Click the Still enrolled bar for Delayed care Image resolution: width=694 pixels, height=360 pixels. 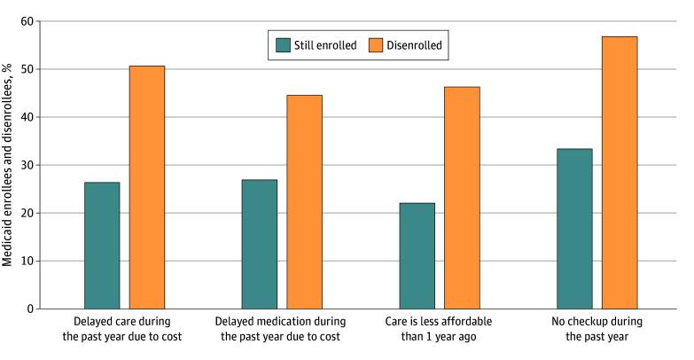(x=102, y=246)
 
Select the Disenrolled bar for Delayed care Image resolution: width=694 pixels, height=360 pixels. (x=147, y=187)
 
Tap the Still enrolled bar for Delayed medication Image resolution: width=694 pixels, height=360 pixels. (x=259, y=244)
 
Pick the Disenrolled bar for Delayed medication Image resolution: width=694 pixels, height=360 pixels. (x=304, y=201)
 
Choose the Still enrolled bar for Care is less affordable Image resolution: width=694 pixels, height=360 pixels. (x=417, y=255)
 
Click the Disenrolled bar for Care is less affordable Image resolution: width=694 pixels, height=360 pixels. (x=462, y=198)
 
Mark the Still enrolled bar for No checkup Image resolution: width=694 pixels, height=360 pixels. (x=574, y=229)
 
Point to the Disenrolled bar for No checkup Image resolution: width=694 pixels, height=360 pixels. (x=620, y=173)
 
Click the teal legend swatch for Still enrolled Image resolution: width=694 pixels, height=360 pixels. (x=283, y=42)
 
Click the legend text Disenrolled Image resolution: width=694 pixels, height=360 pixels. (x=415, y=42)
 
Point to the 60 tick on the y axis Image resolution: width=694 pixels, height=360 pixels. (x=28, y=21)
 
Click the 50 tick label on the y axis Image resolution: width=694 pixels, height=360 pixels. (x=28, y=69)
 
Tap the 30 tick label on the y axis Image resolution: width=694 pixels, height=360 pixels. (x=28, y=165)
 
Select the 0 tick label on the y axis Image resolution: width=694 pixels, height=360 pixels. (x=32, y=309)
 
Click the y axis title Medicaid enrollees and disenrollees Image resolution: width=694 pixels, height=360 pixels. (x=8, y=164)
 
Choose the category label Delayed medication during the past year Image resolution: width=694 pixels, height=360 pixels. (x=282, y=328)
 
